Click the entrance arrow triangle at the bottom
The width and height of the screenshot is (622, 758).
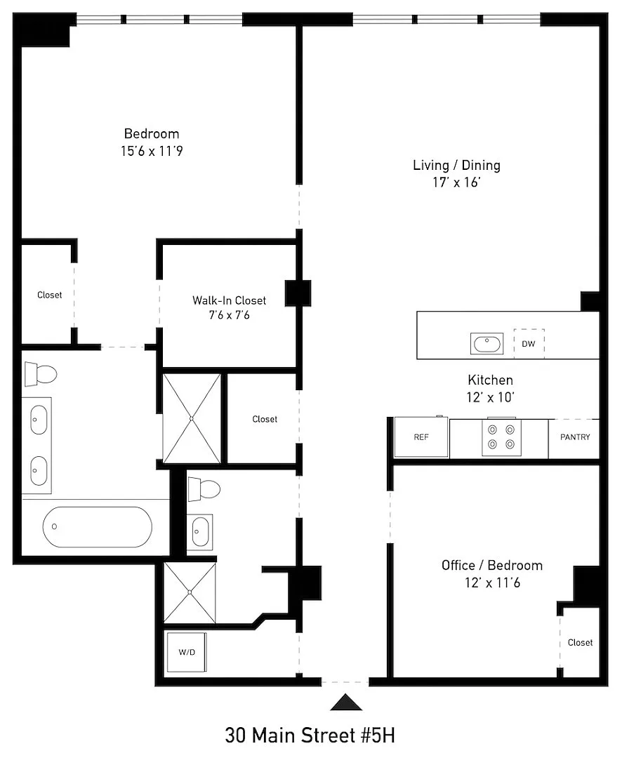click(346, 703)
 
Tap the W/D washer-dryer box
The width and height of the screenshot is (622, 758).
click(187, 652)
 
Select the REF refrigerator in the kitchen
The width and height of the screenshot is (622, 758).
click(421, 437)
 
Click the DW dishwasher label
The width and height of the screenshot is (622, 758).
click(529, 344)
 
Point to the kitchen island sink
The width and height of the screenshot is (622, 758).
click(487, 344)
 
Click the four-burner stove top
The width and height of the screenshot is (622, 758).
click(501, 437)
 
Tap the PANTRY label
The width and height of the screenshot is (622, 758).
click(575, 437)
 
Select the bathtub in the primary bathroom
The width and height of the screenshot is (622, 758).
click(97, 527)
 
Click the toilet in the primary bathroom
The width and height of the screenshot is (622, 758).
click(41, 373)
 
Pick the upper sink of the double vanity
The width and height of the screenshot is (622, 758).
click(39, 420)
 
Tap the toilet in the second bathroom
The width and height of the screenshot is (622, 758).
click(204, 489)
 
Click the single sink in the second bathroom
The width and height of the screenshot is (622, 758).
click(200, 532)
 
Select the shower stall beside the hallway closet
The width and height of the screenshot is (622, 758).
click(192, 418)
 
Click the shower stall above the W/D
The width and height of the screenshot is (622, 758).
click(190, 592)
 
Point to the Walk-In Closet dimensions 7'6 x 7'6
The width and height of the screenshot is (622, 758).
click(230, 315)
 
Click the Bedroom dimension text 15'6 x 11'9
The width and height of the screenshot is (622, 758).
click(152, 151)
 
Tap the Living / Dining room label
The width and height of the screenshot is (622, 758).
click(456, 166)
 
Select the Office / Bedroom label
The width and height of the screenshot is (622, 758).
click(492, 565)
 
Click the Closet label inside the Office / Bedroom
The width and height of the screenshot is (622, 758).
click(580, 642)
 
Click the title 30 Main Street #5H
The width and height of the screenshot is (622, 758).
click(310, 736)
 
